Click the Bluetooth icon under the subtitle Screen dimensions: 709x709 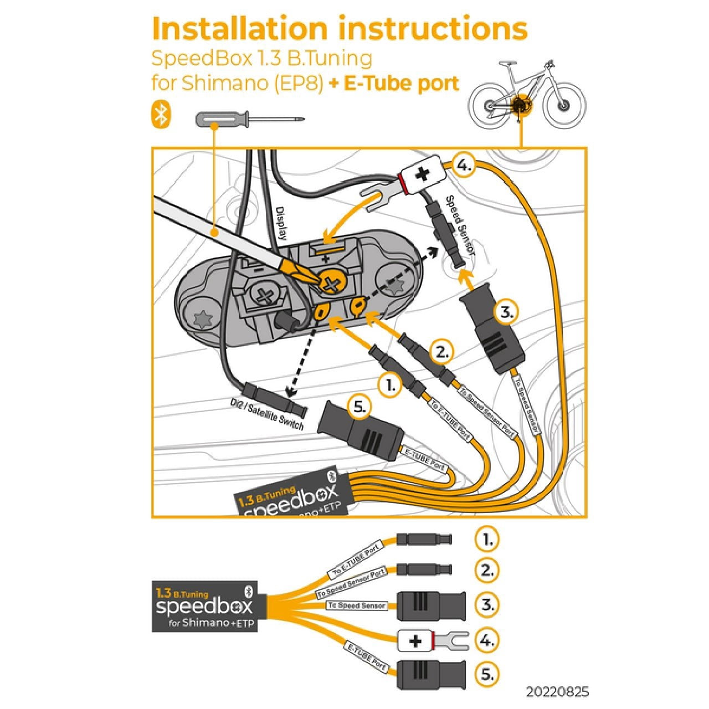point(161,115)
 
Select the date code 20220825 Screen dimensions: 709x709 point(557,692)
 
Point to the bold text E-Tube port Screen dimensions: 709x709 point(402,83)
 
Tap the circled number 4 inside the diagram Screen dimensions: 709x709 point(464,165)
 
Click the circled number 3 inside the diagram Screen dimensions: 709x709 point(506,312)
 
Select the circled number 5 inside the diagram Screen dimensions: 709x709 point(359,407)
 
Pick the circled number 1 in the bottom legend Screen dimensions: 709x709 point(487,539)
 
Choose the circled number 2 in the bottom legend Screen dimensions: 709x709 point(487,570)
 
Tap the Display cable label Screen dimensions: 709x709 point(281,224)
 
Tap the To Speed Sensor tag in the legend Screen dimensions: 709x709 point(357,605)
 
